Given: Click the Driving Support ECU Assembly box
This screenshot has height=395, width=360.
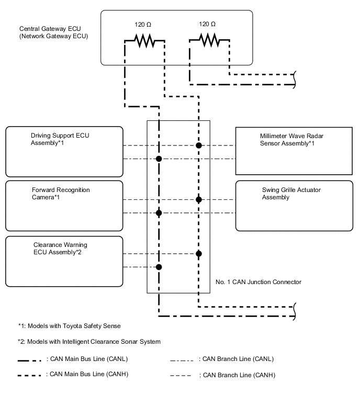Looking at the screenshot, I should coord(64,151).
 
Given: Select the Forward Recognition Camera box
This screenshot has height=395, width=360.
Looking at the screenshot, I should coord(64,206).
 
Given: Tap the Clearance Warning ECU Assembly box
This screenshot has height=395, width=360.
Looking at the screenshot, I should coord(64,262).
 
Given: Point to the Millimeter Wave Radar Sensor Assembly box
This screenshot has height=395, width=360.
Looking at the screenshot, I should coord(293,151).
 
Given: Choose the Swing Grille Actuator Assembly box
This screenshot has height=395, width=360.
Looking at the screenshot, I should coord(293,206).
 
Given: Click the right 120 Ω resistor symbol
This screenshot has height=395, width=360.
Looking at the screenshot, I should coord(209,41).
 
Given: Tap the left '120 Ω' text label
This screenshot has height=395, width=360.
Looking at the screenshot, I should coord(143,24).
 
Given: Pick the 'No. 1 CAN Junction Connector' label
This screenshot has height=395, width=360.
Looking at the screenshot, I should coord(258,282).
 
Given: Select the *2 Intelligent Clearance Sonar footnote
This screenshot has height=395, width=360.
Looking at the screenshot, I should coord(88,342).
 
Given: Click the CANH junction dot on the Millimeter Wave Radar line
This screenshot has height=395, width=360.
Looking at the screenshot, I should coord(198,145).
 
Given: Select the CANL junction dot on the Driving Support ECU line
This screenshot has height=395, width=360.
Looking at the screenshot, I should coord(159,159).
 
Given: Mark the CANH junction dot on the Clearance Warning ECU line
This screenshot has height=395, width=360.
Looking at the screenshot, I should coord(198,254).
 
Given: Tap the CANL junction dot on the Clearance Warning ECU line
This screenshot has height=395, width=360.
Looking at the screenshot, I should coord(159,267).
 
